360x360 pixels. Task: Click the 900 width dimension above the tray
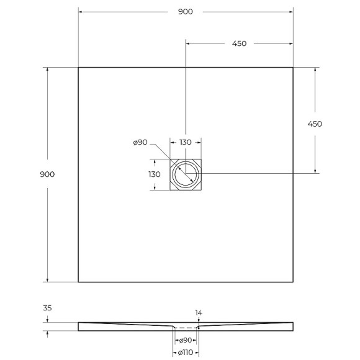[x=184, y=12]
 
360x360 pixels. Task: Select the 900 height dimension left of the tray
[x=47, y=174]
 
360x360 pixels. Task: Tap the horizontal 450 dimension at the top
[x=239, y=43]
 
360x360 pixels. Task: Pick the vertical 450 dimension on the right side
[x=315, y=124]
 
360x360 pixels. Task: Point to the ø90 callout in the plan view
[x=140, y=143]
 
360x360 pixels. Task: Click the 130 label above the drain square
[x=185, y=143]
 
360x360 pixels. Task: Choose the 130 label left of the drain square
[x=155, y=174]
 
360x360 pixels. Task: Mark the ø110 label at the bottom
[x=185, y=353]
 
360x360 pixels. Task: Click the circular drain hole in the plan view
[x=185, y=175]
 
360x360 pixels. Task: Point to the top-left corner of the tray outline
[x=78, y=67]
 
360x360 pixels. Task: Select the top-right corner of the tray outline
[x=293, y=67]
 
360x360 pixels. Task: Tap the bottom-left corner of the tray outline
[x=78, y=282]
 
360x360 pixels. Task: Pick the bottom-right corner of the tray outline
[x=293, y=282]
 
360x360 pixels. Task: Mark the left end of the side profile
[x=79, y=326]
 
